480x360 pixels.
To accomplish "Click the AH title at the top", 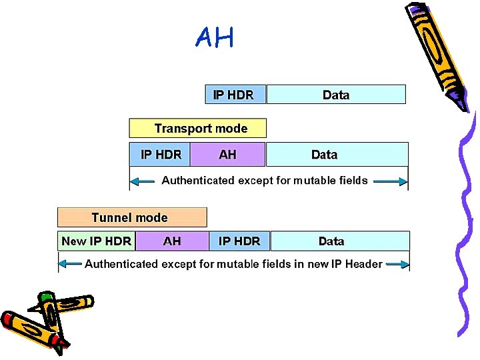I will click(215, 38).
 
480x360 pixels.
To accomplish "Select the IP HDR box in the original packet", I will click(234, 95).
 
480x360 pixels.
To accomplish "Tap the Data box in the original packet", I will click(336, 95).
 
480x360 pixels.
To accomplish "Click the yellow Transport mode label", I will click(198, 128).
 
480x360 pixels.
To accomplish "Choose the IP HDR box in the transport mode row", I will click(160, 154).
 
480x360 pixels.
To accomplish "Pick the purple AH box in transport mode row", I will click(228, 154).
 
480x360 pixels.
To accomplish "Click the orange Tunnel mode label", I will click(131, 217).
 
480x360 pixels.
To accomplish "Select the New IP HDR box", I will click(96, 241).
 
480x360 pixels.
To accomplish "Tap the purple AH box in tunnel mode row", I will click(172, 241).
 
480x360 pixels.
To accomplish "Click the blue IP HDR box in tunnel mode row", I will click(239, 241).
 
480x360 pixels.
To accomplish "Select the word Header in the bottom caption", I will click(363, 264).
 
